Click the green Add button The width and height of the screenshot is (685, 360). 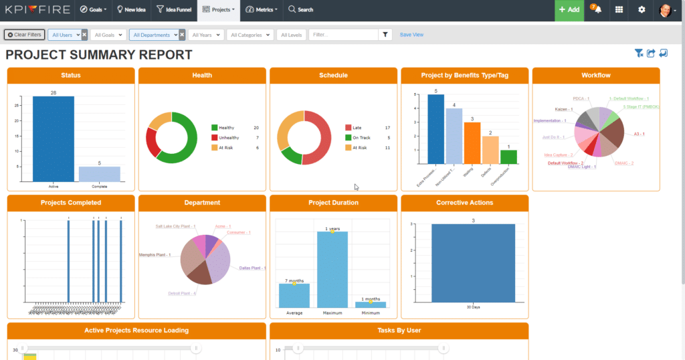[569, 10]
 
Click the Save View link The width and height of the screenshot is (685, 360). [411, 35]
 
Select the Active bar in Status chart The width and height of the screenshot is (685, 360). [54, 139]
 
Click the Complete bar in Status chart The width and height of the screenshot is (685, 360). [99, 174]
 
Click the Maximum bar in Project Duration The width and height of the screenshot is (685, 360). [332, 269]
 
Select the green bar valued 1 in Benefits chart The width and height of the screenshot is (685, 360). [508, 157]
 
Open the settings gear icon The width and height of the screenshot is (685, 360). [642, 10]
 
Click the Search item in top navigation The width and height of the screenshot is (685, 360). [300, 10]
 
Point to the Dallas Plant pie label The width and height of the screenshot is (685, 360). [252, 268]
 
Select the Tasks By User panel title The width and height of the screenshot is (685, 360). [399, 330]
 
